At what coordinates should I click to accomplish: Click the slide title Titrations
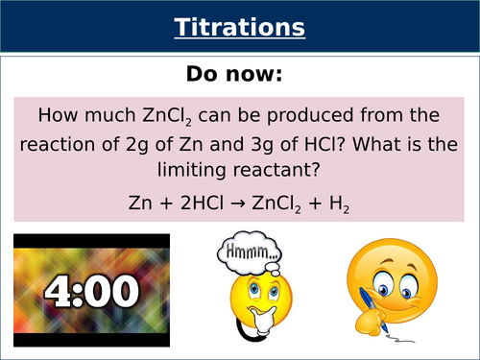click(239, 28)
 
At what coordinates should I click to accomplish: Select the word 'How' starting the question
click(57, 116)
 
